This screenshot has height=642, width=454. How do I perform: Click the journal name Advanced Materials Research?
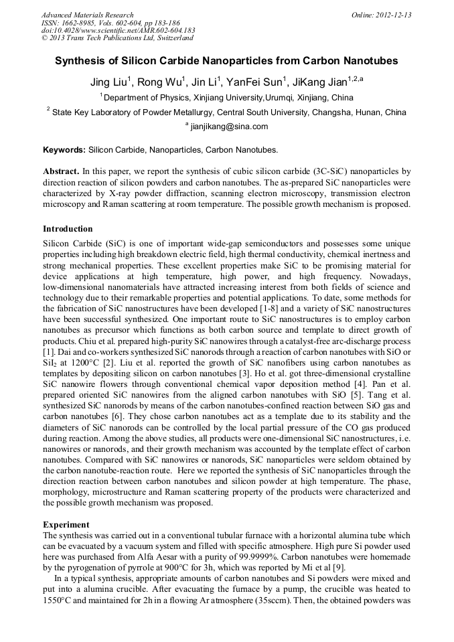87,15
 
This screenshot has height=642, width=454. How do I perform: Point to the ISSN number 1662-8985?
78,23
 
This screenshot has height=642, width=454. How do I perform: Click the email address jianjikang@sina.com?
229,126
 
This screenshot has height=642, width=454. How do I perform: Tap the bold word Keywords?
64,150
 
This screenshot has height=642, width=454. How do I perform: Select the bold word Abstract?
62,171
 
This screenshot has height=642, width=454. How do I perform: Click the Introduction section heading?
68,229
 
